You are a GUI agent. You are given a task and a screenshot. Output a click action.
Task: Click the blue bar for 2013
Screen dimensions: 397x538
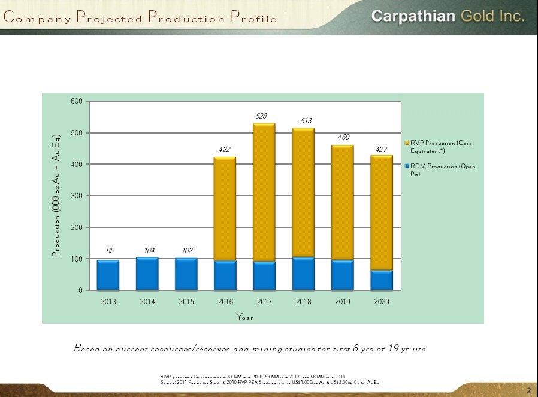coord(108,275)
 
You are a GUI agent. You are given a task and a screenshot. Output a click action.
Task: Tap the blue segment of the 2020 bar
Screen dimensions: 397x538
coord(382,280)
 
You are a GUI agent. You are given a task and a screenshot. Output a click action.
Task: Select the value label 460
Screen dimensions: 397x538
coord(343,137)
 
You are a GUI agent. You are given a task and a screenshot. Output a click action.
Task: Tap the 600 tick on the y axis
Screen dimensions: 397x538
coord(77,101)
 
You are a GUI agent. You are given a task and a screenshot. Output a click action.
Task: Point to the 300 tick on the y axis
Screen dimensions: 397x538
coord(77,196)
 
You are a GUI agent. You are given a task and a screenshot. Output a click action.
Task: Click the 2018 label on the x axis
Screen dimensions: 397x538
coord(304,302)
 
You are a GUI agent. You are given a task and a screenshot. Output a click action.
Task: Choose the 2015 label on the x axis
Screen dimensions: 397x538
coord(186,302)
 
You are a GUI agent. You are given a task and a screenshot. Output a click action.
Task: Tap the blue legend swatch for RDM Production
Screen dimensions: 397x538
coord(407,166)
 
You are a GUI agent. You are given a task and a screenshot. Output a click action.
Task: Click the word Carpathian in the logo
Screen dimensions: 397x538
coord(412,16)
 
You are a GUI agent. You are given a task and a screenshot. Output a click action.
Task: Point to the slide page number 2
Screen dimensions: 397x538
coord(529,390)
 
